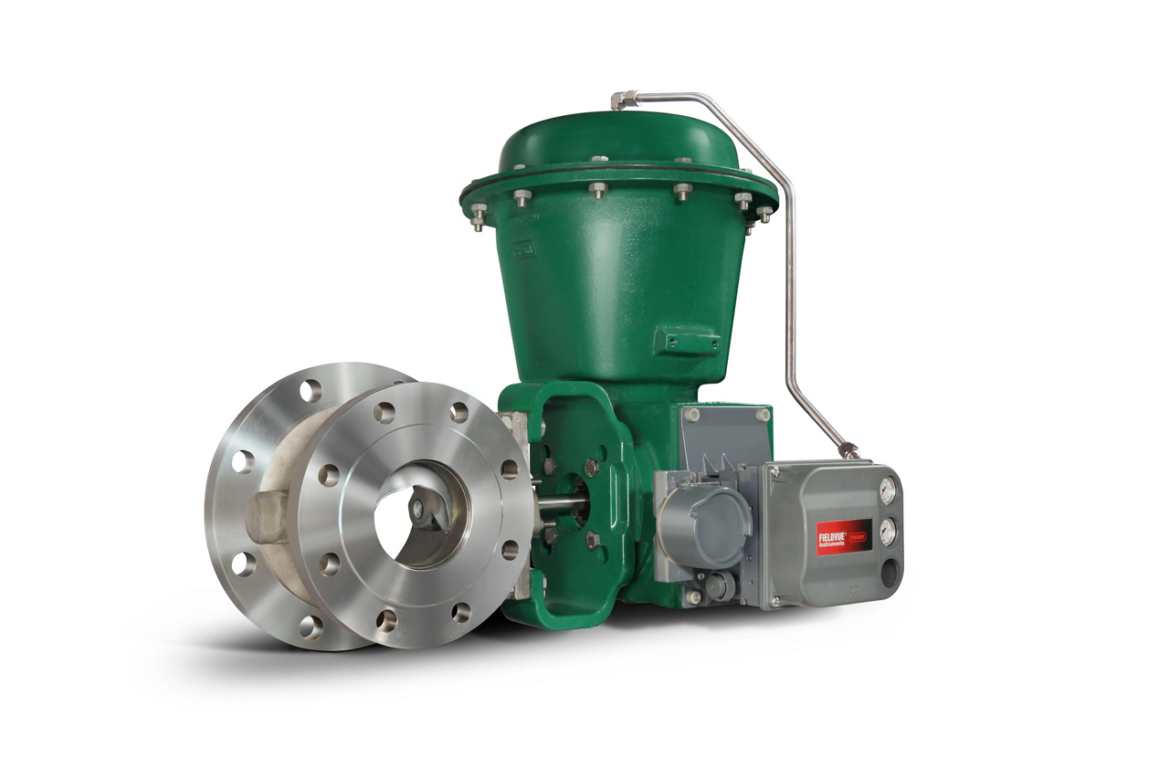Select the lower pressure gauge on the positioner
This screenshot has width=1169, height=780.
[884, 527]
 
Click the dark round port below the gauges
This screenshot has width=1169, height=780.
[886, 572]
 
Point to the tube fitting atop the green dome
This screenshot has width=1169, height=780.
[624, 99]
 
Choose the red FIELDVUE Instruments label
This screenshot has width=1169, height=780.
[842, 534]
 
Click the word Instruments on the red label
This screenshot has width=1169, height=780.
[834, 540]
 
